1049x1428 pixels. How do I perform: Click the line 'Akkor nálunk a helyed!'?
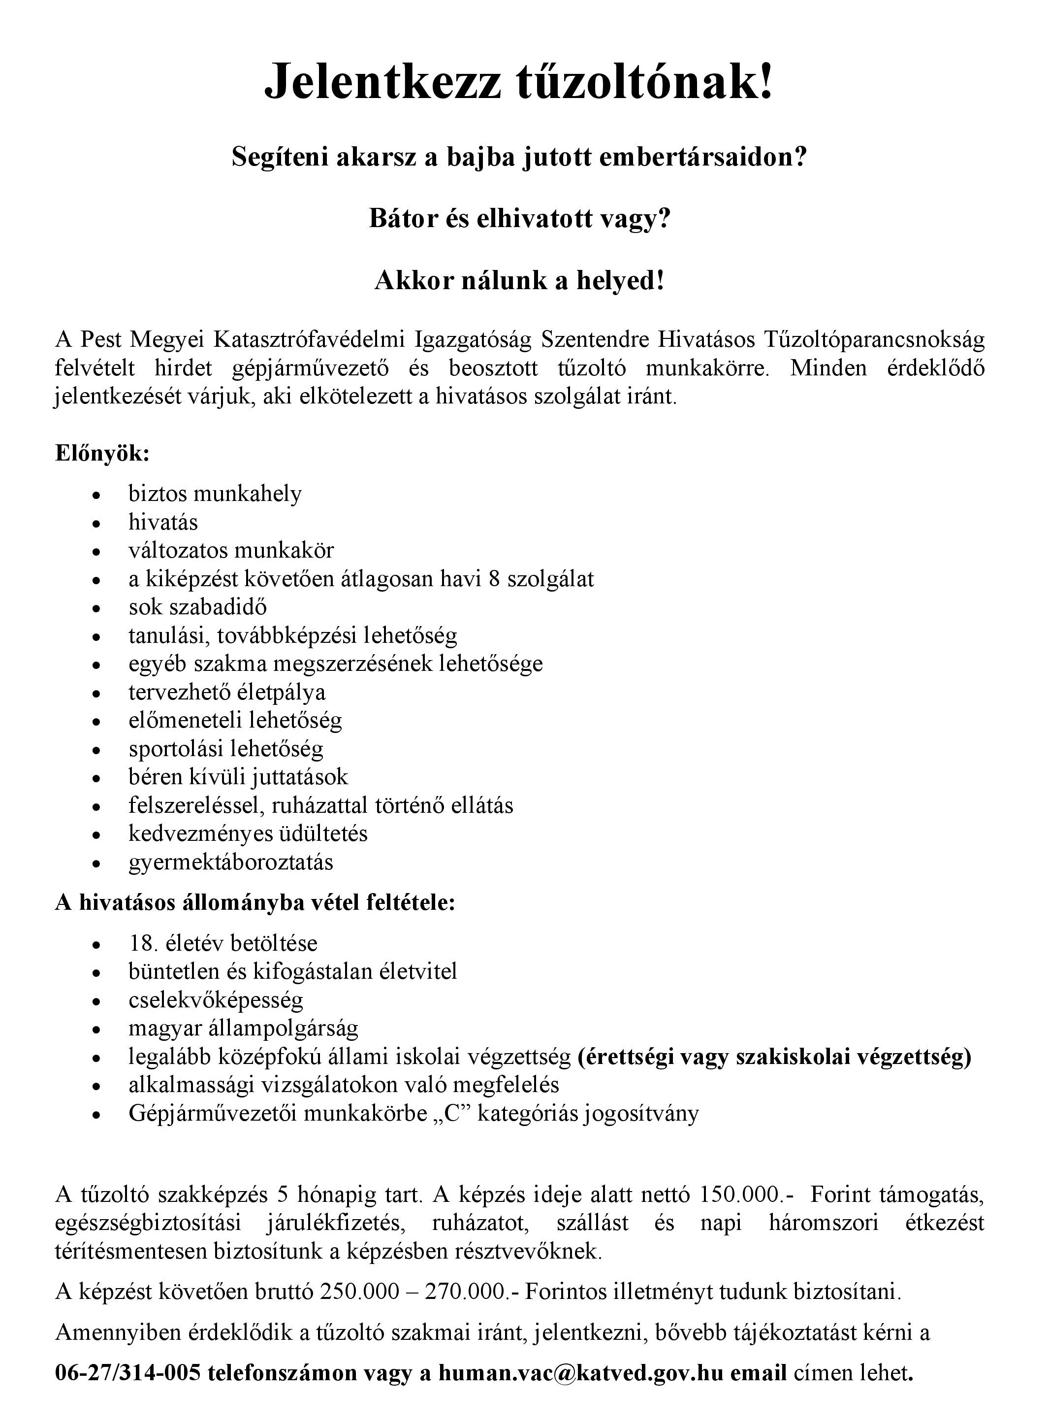pos(519,280)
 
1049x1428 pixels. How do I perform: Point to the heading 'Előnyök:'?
pos(102,454)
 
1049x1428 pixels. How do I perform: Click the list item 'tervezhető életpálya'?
pos(227,692)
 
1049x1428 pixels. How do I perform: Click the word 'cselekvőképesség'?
pos(216,1000)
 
